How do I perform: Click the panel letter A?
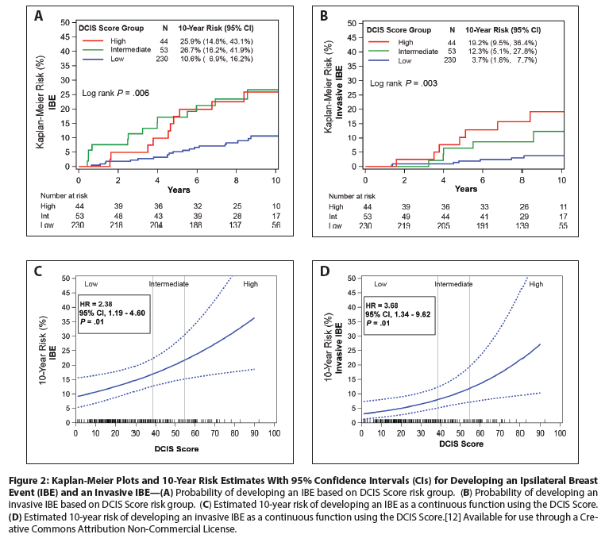(38, 14)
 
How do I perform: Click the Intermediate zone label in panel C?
(169, 283)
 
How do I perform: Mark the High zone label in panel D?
(536, 284)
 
